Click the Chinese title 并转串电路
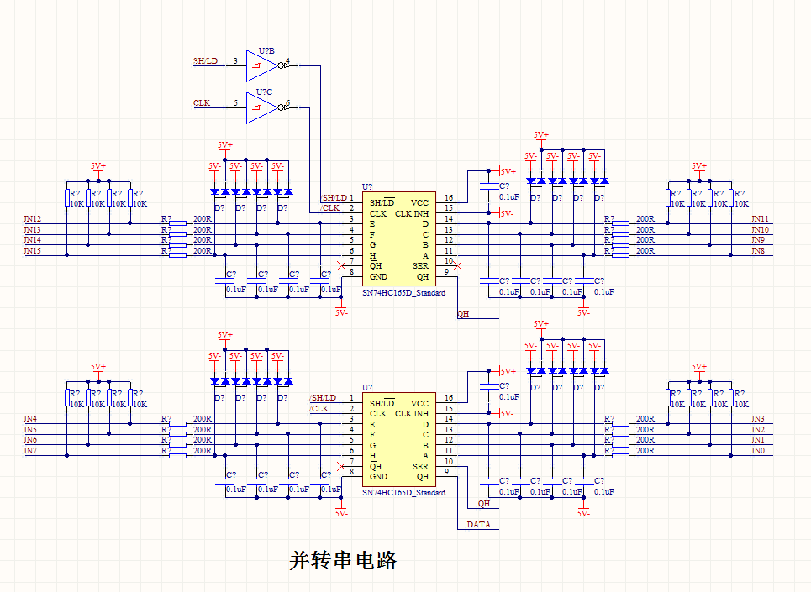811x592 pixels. tap(342, 560)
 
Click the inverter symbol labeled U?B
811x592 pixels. tap(262, 62)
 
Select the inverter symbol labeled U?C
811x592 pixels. tap(262, 104)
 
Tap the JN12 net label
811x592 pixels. tap(33, 219)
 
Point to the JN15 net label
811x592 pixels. tap(33, 250)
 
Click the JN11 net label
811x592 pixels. tap(760, 219)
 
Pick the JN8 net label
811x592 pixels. tap(758, 250)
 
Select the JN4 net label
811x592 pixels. tap(30, 418)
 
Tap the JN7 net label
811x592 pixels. tap(30, 451)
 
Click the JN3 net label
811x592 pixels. tap(758, 418)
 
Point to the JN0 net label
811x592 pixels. tap(758, 451)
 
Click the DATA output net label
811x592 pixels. tap(478, 525)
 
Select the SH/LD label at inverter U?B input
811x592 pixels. tap(205, 61)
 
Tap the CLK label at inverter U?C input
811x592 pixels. tap(202, 103)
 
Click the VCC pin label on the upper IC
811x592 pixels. tap(420, 202)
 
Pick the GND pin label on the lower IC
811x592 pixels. tap(379, 476)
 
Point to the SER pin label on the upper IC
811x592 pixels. tap(421, 265)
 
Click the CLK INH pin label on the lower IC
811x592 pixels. tap(412, 413)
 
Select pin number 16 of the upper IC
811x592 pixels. tap(449, 198)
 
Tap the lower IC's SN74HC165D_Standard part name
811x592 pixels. tap(403, 492)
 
